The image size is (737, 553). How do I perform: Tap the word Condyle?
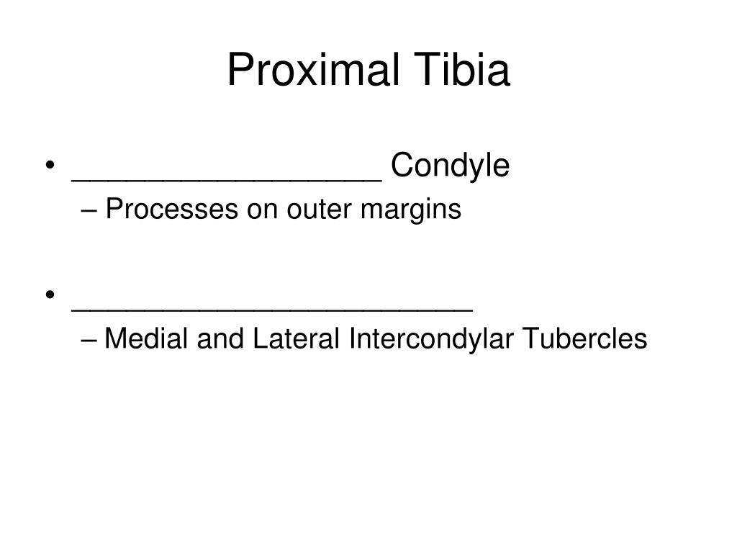tap(451, 166)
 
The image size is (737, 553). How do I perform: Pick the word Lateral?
tap(296, 338)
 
